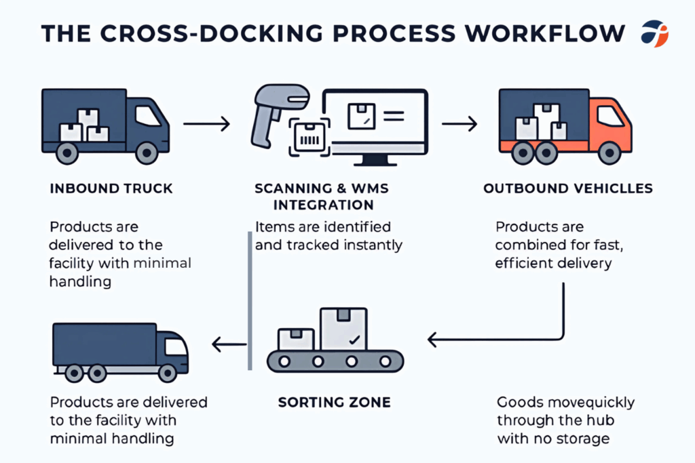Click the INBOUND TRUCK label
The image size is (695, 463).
pyautogui.click(x=111, y=188)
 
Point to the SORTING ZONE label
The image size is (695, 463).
pyautogui.click(x=334, y=402)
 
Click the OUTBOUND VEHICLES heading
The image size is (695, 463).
pyautogui.click(x=568, y=188)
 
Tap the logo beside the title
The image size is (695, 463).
pyautogui.click(x=654, y=33)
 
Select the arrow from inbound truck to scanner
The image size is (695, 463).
pyautogui.click(x=206, y=124)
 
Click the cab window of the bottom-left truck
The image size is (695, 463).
pyautogui.click(x=176, y=346)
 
